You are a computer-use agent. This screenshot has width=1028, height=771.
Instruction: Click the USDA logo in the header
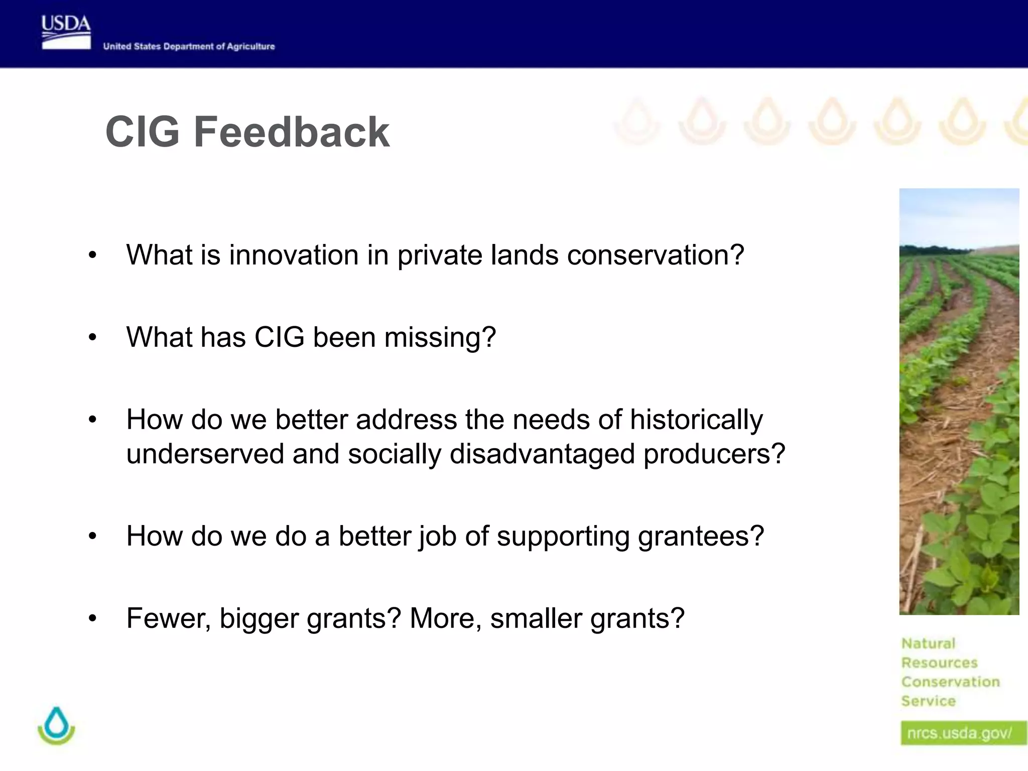66,32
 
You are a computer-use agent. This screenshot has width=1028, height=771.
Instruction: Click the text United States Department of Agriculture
189,46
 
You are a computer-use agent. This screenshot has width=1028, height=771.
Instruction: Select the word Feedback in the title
292,132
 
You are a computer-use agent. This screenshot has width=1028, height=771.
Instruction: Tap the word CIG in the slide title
142,132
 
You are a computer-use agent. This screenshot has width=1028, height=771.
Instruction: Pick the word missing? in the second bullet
440,337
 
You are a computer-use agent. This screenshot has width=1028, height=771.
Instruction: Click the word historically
696,419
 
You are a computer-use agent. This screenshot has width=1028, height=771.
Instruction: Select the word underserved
205,454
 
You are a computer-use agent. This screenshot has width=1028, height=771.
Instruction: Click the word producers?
714,454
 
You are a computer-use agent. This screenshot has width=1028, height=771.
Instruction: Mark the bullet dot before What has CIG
92,338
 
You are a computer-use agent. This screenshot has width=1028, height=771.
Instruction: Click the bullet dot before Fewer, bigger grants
92,619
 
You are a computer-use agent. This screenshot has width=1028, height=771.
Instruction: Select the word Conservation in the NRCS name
950,682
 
